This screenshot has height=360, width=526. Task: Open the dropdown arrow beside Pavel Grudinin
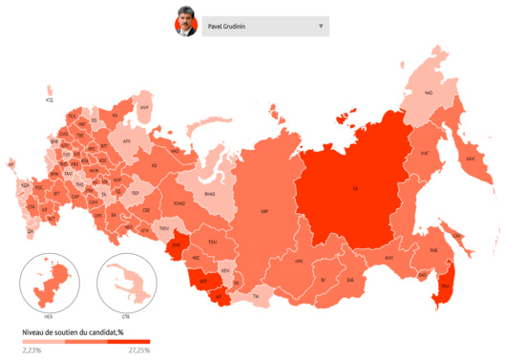coord(321,26)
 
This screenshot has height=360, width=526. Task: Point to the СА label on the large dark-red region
coord(355,188)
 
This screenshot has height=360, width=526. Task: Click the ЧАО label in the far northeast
coord(429,94)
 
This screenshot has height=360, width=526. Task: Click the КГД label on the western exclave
coord(50,99)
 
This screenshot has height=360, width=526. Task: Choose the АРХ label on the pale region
coord(126,139)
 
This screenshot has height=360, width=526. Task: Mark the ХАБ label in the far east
coord(459,251)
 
